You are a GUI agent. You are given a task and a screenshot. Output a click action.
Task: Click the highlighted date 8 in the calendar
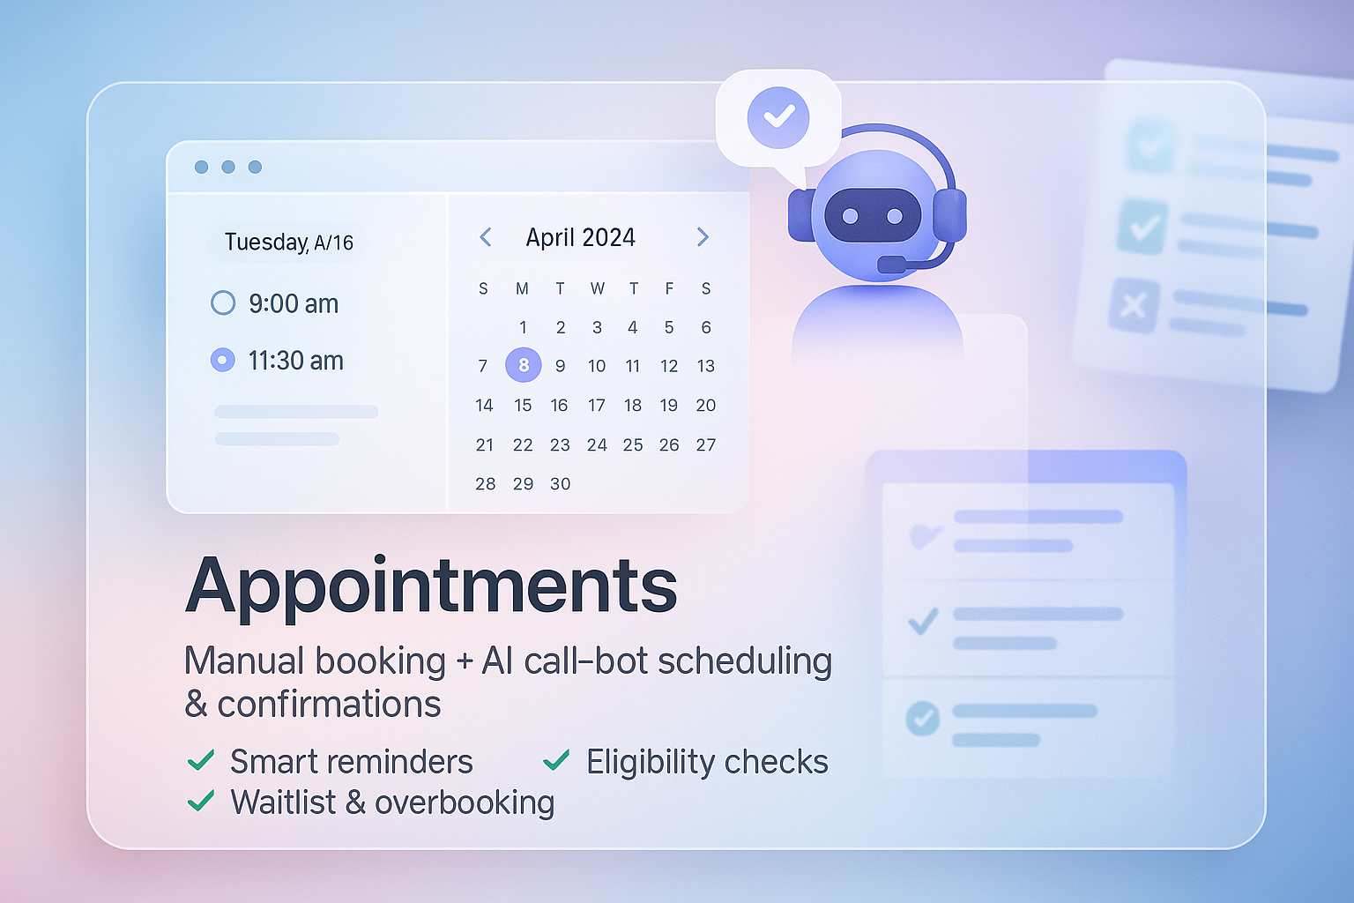(524, 365)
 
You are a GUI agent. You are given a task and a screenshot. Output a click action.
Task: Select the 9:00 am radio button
(223, 303)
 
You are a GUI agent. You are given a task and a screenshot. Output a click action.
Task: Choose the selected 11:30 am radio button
(223, 360)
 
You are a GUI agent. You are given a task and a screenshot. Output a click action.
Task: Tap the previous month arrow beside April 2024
(486, 237)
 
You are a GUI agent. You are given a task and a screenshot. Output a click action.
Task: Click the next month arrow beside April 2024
(703, 237)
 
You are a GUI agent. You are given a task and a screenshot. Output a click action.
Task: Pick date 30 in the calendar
(560, 483)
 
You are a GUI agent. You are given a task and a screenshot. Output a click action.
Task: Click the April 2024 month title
(580, 237)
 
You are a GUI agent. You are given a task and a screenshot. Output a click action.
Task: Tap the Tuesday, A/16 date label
(288, 243)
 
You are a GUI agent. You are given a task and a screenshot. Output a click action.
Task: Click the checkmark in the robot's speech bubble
(777, 116)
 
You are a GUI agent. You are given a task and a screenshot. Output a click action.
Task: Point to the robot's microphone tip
(890, 264)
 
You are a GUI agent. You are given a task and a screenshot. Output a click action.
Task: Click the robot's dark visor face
(872, 215)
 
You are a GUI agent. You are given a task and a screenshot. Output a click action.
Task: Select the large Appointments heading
(431, 586)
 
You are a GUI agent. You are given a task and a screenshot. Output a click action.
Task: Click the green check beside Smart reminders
(201, 760)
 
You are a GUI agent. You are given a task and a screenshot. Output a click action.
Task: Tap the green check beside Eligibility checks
(556, 760)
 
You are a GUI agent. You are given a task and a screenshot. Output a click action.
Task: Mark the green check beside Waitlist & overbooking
(201, 801)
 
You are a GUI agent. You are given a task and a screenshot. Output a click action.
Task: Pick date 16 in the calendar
(559, 405)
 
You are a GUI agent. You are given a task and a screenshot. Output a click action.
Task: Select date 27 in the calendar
(705, 444)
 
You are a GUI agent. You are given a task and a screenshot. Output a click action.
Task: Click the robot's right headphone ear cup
(949, 215)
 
